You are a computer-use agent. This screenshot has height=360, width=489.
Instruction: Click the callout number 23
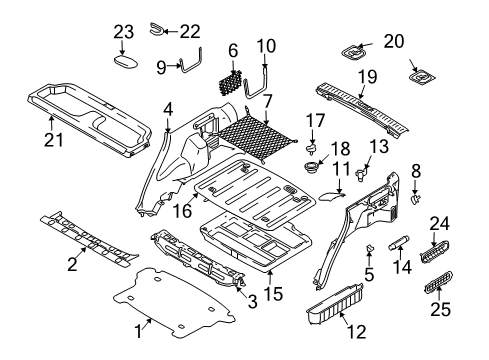[x=124, y=32]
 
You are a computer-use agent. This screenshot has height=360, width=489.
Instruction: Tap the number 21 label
[x=53, y=140]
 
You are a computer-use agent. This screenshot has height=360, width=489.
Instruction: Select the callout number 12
[x=356, y=332]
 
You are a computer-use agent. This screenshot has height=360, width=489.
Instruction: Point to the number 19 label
[x=367, y=77]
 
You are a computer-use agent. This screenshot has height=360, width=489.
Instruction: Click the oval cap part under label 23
[x=126, y=62]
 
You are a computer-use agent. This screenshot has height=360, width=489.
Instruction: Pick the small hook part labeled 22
[x=156, y=28]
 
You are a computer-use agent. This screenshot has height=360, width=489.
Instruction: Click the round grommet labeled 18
[x=312, y=166]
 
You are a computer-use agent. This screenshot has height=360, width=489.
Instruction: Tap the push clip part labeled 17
[x=312, y=148]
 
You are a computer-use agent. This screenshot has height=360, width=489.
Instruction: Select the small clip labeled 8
[x=415, y=199]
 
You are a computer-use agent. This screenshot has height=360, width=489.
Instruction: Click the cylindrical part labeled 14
[x=398, y=242]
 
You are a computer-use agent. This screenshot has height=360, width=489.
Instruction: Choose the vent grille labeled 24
[x=434, y=252]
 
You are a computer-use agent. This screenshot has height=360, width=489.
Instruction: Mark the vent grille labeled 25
[x=438, y=283]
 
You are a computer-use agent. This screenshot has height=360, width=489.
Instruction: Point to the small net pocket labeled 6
[x=230, y=83]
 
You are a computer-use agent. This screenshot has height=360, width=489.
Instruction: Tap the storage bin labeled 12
[x=334, y=304]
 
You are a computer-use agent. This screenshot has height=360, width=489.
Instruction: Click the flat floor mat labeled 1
[x=174, y=303]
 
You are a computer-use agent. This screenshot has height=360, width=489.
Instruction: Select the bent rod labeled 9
[x=191, y=62]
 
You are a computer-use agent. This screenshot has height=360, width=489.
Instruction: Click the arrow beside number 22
[x=172, y=32]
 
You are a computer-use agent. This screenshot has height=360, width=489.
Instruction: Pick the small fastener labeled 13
[x=361, y=173]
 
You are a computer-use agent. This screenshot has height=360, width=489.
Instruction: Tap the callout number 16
[x=183, y=211]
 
